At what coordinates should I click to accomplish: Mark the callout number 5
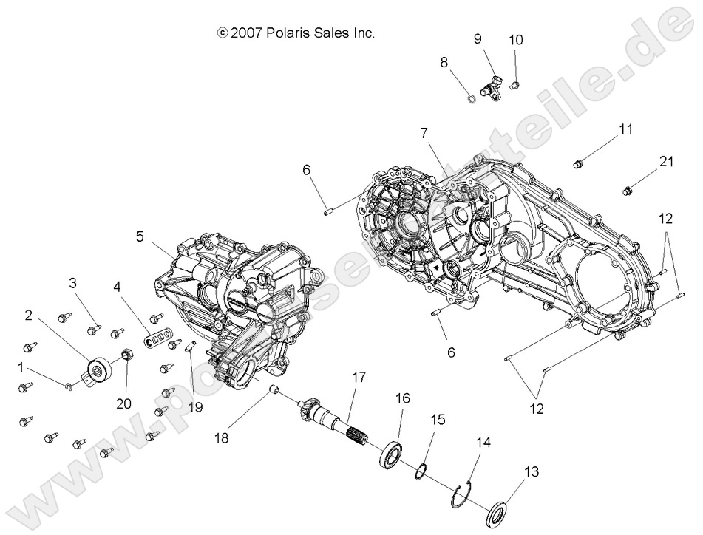coord(140,237)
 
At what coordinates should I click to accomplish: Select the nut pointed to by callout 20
coord(126,351)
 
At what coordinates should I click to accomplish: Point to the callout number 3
coord(73,282)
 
